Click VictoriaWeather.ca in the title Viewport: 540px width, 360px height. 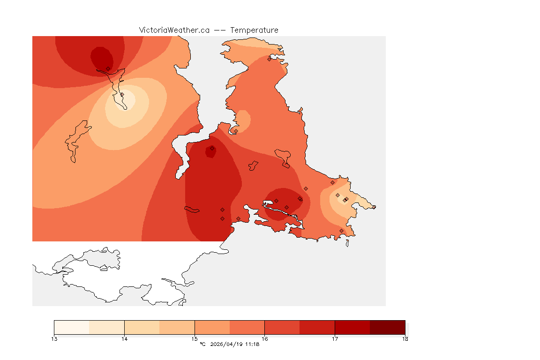174,30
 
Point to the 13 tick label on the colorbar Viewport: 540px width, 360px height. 54,338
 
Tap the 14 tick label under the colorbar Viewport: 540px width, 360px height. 124,338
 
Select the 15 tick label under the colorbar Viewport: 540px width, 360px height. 195,338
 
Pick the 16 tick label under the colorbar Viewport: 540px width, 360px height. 265,338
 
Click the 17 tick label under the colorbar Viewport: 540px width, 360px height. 335,338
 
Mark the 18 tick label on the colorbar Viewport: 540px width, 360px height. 405,338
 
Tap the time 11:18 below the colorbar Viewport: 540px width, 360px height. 253,345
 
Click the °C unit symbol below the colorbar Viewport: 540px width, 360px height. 202,345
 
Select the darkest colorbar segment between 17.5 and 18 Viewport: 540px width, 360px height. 387,327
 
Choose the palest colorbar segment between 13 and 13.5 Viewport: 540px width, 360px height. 72,327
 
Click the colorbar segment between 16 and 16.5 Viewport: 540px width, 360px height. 282,327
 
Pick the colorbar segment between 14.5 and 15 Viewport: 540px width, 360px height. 177,327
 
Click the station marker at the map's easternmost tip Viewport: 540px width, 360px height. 374,207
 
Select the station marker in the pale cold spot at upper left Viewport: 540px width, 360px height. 122,94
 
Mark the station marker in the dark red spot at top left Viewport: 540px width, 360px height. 108,68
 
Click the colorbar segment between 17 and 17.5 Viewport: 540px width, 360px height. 352,327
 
